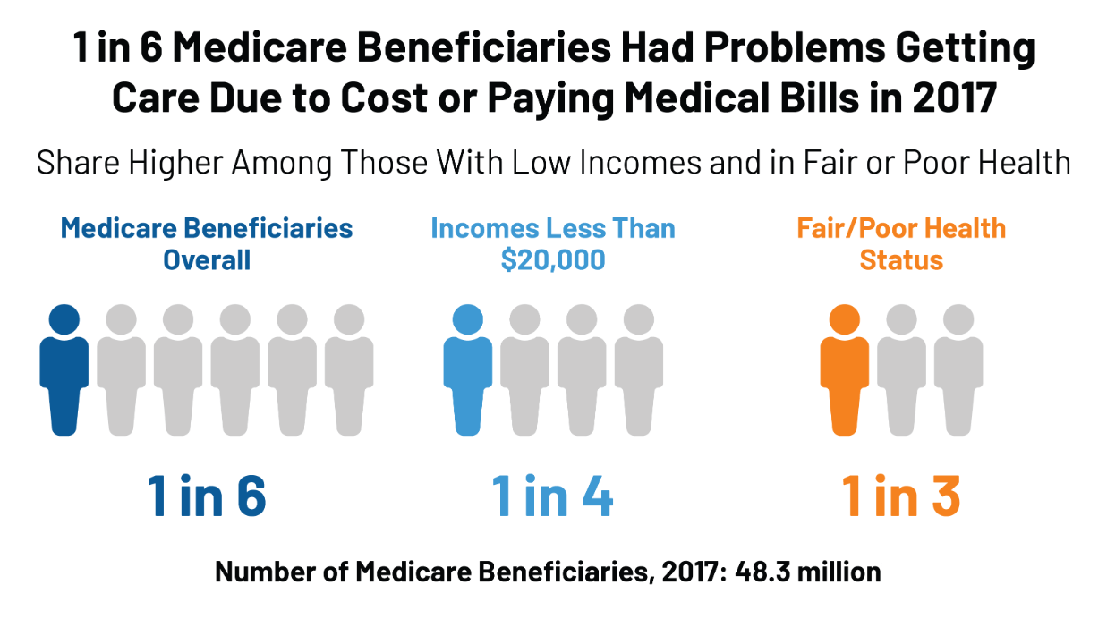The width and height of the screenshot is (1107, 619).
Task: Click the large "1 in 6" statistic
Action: coord(207,498)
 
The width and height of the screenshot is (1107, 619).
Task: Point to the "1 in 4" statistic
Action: coord(553,498)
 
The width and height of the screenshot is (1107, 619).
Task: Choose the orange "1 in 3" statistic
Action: coord(901,498)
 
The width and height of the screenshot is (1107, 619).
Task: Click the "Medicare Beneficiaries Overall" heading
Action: coord(207,243)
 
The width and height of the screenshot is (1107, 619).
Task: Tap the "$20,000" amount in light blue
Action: coord(553,260)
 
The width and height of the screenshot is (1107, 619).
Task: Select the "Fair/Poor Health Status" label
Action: coord(901,243)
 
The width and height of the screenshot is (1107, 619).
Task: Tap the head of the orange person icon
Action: coord(844,319)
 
